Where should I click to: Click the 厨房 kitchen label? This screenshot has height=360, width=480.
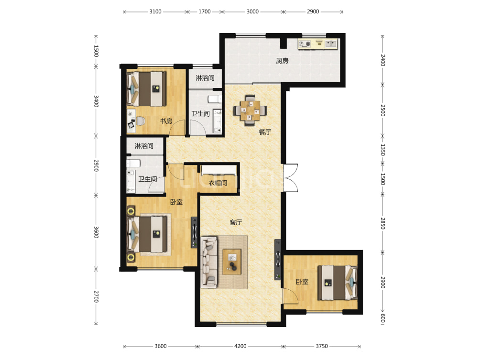(x=282, y=61)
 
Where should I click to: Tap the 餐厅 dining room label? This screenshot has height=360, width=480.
(x=265, y=131)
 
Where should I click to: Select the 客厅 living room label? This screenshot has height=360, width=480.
(x=235, y=222)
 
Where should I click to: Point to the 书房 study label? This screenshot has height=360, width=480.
(x=166, y=121)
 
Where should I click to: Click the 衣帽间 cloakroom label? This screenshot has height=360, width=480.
(x=218, y=183)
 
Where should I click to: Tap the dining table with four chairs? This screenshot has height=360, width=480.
(x=250, y=110)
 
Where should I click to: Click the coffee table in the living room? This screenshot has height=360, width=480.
(x=232, y=262)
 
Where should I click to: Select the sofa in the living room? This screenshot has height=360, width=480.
(x=209, y=262)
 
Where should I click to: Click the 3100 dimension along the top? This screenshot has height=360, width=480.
(x=155, y=11)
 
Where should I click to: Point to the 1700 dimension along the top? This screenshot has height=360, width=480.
(x=205, y=11)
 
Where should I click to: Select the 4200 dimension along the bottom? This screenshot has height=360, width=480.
(x=240, y=346)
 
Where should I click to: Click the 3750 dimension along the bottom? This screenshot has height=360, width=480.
(x=322, y=346)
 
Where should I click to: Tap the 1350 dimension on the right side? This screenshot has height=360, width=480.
(x=382, y=150)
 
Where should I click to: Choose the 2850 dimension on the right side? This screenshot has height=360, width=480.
(x=382, y=223)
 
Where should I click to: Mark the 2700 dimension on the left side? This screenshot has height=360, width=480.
(x=96, y=296)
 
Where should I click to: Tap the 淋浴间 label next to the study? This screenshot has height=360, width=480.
(x=205, y=78)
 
